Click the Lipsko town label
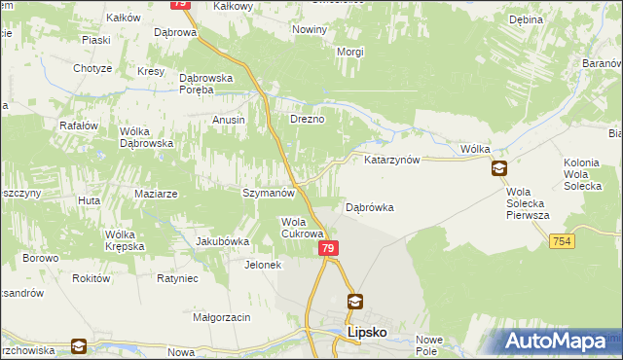click(x=368, y=332)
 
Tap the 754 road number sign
click(x=559, y=240)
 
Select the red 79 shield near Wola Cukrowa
click(x=328, y=249)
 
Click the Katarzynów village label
click(x=391, y=160)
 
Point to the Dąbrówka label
click(x=370, y=207)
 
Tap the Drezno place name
click(x=307, y=120)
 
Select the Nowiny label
click(x=310, y=30)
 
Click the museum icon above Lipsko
click(x=355, y=302)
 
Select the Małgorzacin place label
click(x=222, y=317)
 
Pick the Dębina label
click(x=526, y=19)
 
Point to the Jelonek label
click(x=263, y=265)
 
